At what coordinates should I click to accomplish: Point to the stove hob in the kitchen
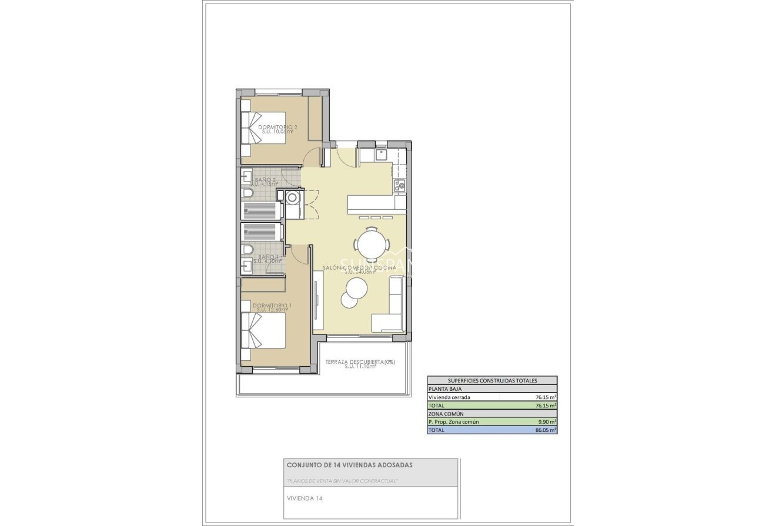[400, 186]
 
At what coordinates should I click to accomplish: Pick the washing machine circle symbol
[292, 197]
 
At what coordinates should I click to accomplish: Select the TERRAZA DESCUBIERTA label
[359, 362]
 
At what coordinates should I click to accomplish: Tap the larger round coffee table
[357, 287]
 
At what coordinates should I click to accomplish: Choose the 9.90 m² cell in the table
[547, 422]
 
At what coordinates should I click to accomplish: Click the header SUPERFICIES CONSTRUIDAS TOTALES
[492, 381]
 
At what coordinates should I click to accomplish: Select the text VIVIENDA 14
[304, 498]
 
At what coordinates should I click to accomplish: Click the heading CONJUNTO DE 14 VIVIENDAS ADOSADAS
[349, 465]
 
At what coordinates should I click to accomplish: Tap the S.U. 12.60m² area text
[272, 310]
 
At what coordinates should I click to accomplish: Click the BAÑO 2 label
[266, 179]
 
